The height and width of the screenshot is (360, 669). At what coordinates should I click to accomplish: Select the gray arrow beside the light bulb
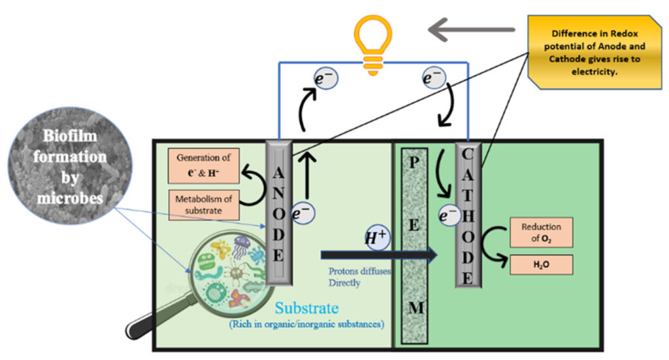[x=471, y=30]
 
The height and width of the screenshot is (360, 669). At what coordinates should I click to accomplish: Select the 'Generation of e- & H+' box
[x=203, y=166]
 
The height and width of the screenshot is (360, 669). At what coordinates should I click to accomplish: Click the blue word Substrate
[x=306, y=308]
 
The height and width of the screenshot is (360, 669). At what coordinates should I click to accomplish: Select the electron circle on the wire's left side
[x=325, y=78]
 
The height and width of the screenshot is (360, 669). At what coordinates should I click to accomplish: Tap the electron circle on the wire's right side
[x=434, y=79]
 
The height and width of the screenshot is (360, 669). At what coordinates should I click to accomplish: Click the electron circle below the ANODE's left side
[x=302, y=213]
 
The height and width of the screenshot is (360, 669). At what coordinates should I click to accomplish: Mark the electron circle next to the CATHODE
[x=449, y=215]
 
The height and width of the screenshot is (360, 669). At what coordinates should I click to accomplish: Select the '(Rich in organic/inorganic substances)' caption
[x=306, y=324]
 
